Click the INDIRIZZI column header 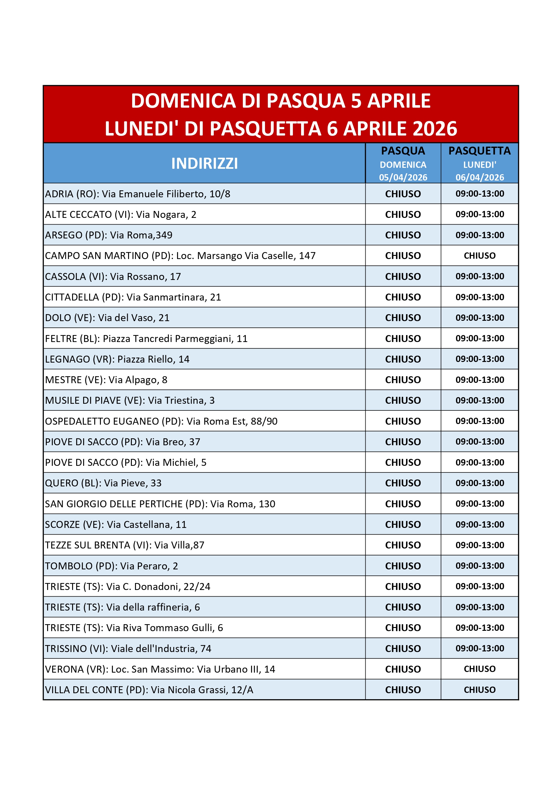[x=205, y=163]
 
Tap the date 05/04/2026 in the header [x=403, y=177]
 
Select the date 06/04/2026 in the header [x=479, y=177]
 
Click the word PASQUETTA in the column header [x=479, y=151]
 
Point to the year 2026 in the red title [x=435, y=129]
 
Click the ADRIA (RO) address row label [x=138, y=194]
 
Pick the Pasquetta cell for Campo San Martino [x=479, y=256]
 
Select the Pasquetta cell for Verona [x=479, y=669]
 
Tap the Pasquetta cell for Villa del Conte [x=479, y=690]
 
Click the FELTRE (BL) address [x=146, y=339]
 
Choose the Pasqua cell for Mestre [x=403, y=380]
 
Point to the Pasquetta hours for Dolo [x=479, y=318]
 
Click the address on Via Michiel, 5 [x=126, y=462]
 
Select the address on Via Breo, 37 [x=122, y=442]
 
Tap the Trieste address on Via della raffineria [x=122, y=607]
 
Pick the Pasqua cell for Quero [x=403, y=483]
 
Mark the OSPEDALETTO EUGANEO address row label [x=161, y=421]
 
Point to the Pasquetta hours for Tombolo [x=479, y=566]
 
